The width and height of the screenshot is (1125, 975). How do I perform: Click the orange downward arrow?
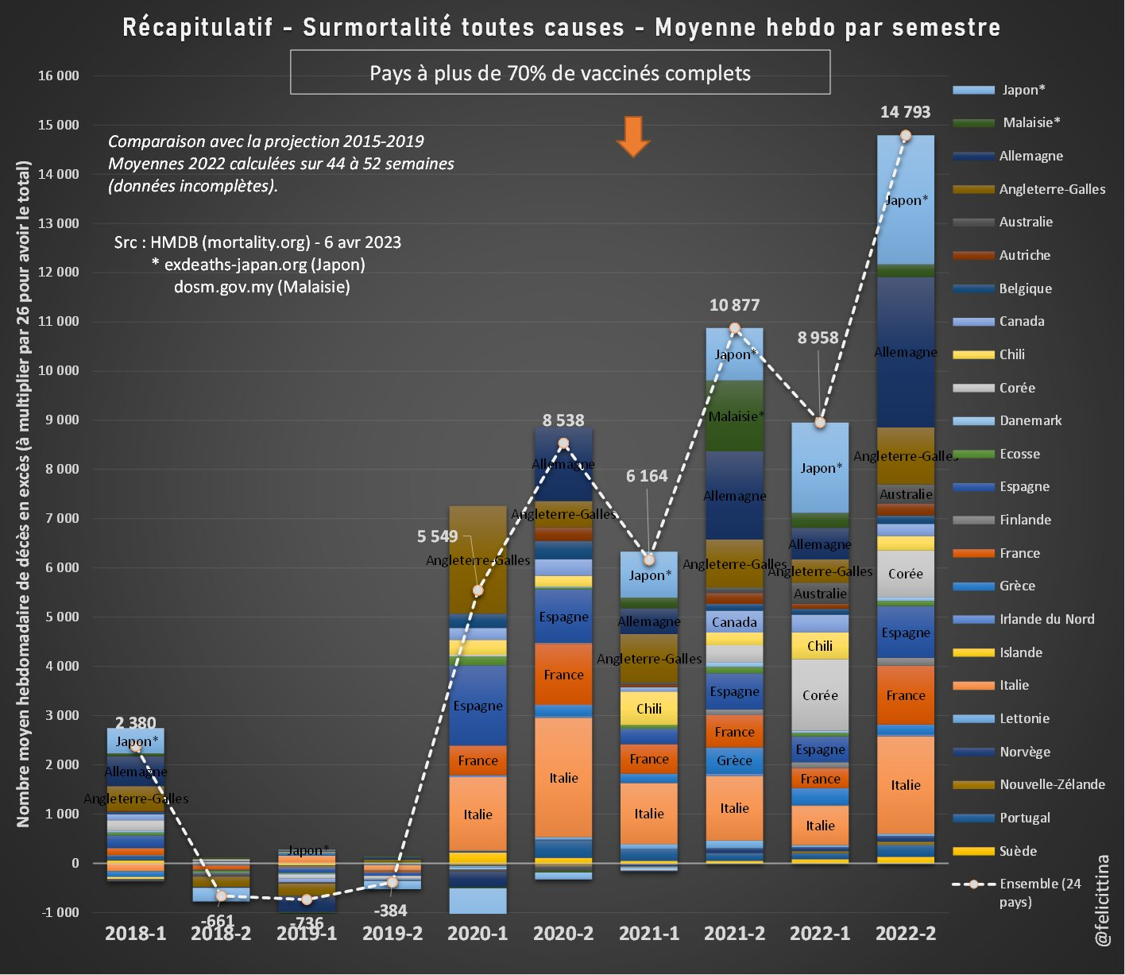pyautogui.click(x=632, y=136)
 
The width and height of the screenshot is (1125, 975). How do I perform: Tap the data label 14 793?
pyautogui.click(x=905, y=112)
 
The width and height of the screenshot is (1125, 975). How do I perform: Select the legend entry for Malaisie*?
pyautogui.click(x=1030, y=122)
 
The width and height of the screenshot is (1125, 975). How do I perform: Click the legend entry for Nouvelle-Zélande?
pyautogui.click(x=1051, y=784)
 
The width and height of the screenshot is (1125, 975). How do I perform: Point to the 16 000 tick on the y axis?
pyautogui.click(x=59, y=75)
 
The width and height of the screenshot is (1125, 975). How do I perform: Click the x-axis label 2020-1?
pyautogui.click(x=477, y=934)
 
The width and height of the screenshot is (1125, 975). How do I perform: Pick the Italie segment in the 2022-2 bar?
pyautogui.click(x=906, y=784)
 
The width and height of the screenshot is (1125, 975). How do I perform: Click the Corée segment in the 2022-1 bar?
pyautogui.click(x=820, y=694)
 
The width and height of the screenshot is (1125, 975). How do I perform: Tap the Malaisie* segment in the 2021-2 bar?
pyautogui.click(x=735, y=416)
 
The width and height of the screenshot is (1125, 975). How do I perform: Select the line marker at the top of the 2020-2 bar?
pyautogui.click(x=563, y=443)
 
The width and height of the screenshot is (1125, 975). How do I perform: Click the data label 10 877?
pyautogui.click(x=734, y=305)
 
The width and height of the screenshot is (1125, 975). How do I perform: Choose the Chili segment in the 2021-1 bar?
pyautogui.click(x=649, y=708)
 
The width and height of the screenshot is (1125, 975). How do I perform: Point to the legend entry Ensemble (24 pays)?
pyautogui.click(x=1039, y=892)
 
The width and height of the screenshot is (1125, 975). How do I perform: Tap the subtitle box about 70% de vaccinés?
pyautogui.click(x=560, y=73)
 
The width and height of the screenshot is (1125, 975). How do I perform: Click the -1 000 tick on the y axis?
pyautogui.click(x=60, y=912)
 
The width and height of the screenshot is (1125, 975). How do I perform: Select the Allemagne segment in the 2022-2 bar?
pyautogui.click(x=906, y=352)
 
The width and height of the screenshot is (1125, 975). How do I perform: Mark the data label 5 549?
pyautogui.click(x=437, y=536)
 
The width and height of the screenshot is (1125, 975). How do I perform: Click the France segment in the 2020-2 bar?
pyautogui.click(x=563, y=675)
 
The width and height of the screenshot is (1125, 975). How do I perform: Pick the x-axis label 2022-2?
pyautogui.click(x=906, y=934)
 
